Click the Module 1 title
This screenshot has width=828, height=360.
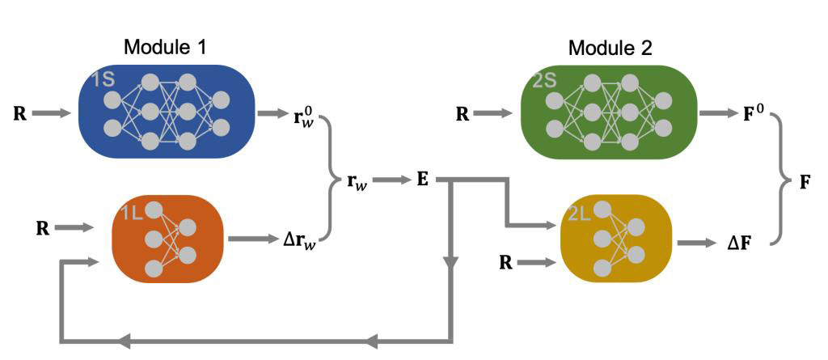coord(165,47)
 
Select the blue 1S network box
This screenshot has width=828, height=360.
coord(166,112)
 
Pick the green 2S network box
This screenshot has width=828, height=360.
coord(610,112)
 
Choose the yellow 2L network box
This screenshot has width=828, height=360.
coord(615,239)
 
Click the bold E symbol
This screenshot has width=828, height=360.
coord(422,180)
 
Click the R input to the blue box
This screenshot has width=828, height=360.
coord(20,113)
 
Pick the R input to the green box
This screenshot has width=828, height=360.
coord(463,113)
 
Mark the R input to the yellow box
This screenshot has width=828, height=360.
coord(505,262)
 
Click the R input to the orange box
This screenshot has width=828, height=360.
coord(42,228)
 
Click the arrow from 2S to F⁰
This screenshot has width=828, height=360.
coord(716,113)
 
